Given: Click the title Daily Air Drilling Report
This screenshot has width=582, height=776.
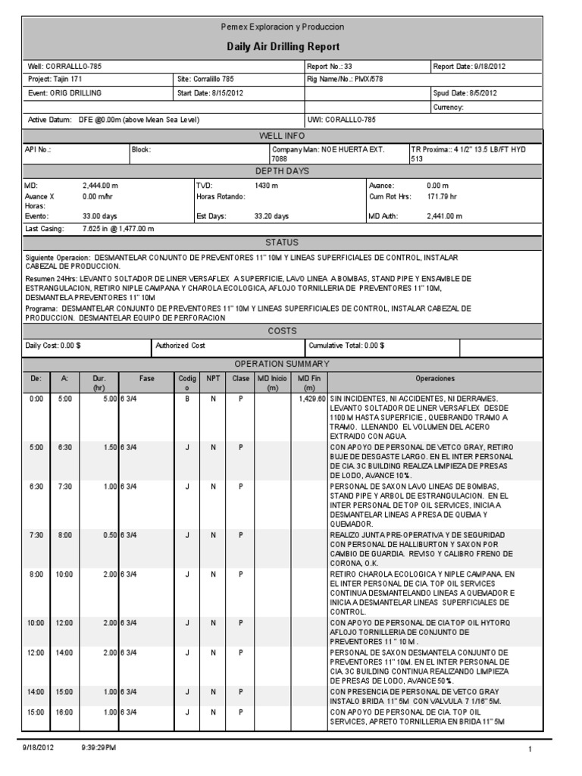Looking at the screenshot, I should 282,46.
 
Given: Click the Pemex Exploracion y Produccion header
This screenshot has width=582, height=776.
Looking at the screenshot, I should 282,27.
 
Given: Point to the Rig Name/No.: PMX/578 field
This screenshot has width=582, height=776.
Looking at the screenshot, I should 346,79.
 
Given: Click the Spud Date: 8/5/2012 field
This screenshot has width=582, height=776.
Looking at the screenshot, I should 465,93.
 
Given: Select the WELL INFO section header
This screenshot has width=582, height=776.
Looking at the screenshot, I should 282,136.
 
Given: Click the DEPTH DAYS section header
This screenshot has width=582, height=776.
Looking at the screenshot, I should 282,171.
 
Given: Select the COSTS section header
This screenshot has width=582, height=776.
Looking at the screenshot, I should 282,331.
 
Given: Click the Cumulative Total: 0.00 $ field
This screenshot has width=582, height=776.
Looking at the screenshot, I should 346,346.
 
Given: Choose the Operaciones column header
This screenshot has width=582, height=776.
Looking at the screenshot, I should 435,378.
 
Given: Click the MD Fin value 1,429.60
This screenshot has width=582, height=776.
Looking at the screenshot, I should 311,398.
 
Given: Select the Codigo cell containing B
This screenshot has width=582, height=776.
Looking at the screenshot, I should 186,398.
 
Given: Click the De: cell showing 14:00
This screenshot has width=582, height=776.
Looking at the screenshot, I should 36,692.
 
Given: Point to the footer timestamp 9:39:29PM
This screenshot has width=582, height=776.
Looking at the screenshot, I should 99,748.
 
